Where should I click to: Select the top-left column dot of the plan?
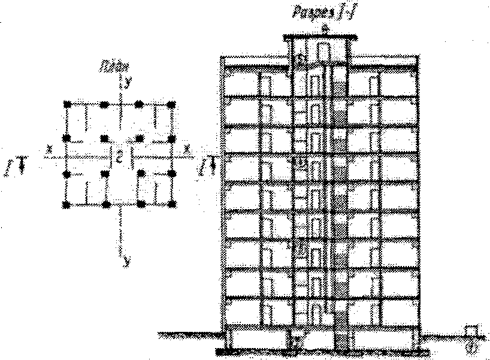[x=68, y=105]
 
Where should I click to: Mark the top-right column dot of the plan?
[x=173, y=105]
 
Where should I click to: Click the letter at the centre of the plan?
[x=119, y=158]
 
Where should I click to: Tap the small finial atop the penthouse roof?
[x=324, y=29]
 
